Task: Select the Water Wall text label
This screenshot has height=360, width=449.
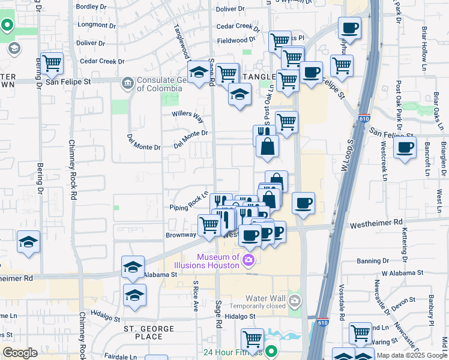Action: [267, 298]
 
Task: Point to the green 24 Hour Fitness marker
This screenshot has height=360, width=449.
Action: [271, 352]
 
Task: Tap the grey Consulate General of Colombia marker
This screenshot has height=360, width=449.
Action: [127, 83]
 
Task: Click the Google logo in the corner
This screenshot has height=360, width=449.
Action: [20, 353]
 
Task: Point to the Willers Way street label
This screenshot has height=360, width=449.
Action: [188, 114]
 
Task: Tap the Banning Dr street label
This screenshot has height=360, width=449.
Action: [373, 261]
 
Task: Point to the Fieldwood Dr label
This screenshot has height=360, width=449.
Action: [232, 41]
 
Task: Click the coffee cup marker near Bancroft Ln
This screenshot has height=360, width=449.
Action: [405, 147]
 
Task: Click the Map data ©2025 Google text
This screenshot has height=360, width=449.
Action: [411, 355]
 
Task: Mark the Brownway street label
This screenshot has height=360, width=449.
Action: [181, 235]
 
